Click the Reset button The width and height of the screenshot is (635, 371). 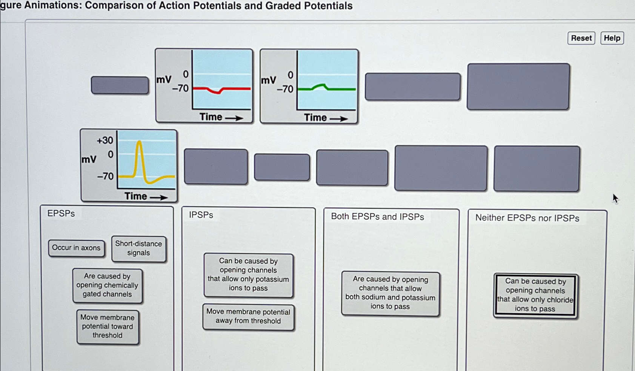[581, 38]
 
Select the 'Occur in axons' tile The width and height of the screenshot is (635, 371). [76, 248]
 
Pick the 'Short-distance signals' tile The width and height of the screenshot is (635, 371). [138, 248]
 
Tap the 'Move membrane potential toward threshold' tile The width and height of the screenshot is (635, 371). [108, 326]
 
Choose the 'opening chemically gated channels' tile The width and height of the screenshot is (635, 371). [108, 285]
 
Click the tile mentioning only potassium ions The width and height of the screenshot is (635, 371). [248, 275]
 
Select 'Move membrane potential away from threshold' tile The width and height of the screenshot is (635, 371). [248, 317]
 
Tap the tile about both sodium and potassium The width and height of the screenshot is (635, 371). [391, 293]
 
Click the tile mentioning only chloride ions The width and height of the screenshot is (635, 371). [535, 295]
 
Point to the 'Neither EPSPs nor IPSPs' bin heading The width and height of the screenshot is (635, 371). [527, 218]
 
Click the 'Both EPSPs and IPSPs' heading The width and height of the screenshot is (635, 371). [377, 217]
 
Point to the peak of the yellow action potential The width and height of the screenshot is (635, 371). [139, 142]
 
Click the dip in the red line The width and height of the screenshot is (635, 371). [217, 92]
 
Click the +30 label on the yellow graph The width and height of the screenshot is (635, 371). [105, 140]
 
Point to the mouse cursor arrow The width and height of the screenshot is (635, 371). [615, 198]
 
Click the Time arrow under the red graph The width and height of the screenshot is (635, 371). [234, 118]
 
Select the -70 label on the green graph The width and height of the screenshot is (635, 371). [285, 89]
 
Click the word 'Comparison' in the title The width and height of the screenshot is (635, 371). [114, 6]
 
